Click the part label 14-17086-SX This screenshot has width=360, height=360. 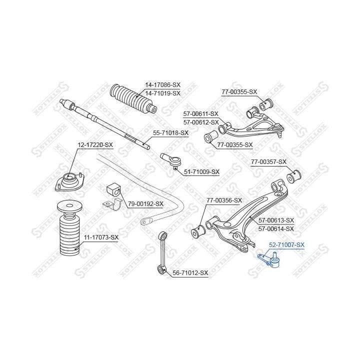(x=163, y=85)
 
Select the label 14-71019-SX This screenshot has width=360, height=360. (x=163, y=93)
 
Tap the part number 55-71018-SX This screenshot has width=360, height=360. (x=170, y=133)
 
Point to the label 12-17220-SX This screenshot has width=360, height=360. (x=95, y=145)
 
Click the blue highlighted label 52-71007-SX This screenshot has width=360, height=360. (x=287, y=245)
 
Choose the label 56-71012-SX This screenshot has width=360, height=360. (x=190, y=273)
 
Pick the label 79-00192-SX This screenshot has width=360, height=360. (x=145, y=204)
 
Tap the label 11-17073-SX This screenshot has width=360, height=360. (x=101, y=237)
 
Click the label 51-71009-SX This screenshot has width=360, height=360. (x=202, y=172)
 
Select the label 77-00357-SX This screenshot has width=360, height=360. (x=268, y=162)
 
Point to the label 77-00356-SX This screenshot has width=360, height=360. (x=224, y=200)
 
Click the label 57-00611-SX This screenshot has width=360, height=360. (x=201, y=114)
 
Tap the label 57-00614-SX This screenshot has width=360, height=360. (x=276, y=229)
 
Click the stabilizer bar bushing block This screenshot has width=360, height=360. (x=113, y=189)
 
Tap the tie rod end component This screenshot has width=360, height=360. (x=172, y=160)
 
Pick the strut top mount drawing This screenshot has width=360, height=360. (x=70, y=180)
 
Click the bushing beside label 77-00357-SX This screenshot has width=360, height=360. (x=294, y=176)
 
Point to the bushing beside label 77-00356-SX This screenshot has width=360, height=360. (x=198, y=231)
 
